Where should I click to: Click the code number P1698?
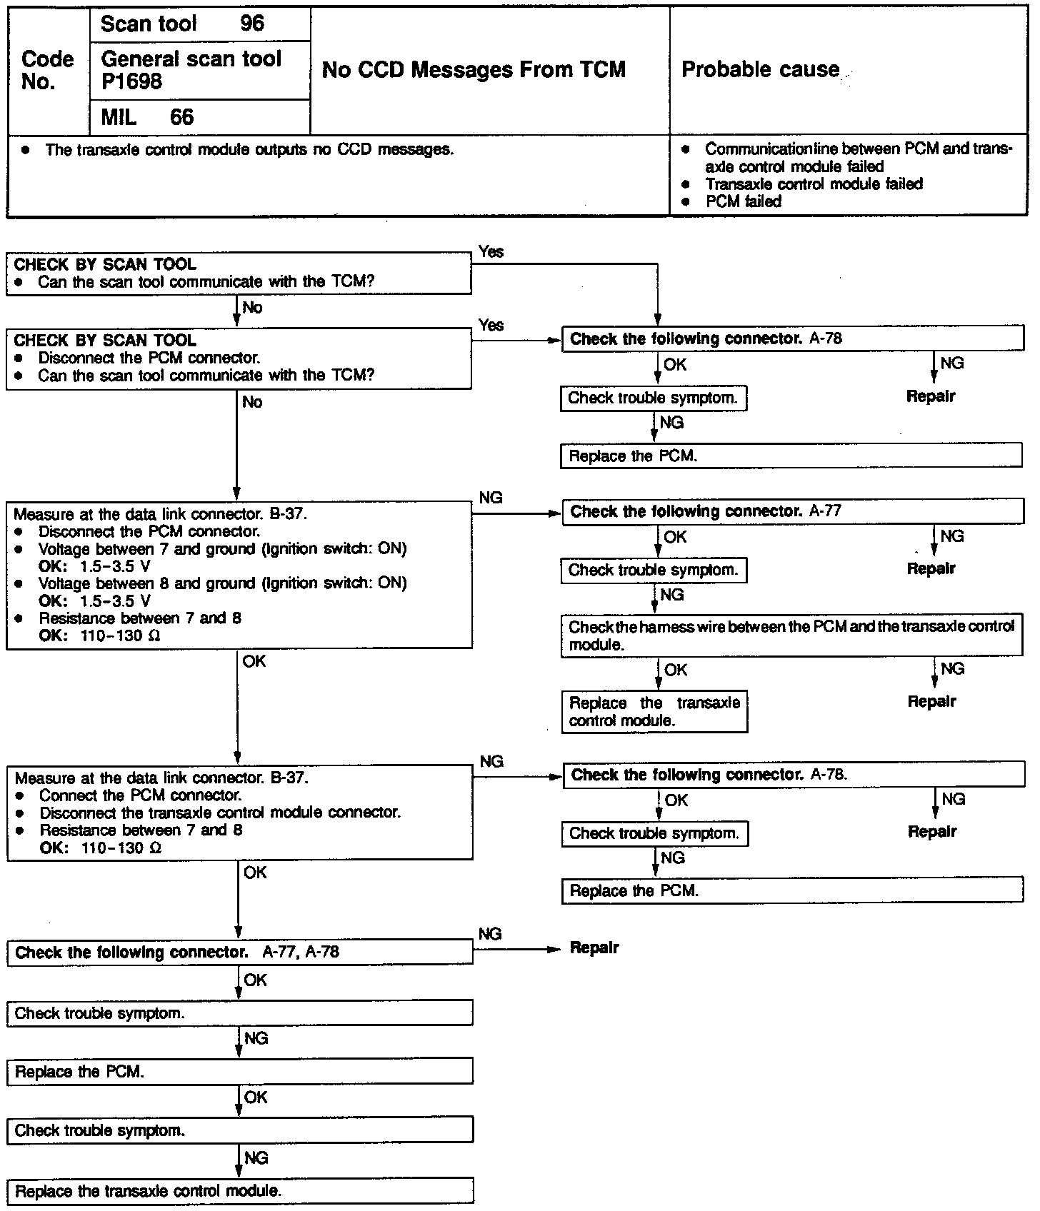pos(131,82)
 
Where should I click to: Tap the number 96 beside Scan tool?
pos(252,24)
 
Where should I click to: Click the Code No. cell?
pos(47,70)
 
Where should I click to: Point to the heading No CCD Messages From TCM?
pos(474,70)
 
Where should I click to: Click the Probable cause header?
pos(761,70)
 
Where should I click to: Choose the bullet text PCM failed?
pos(744,202)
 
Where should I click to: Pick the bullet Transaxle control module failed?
pos(814,184)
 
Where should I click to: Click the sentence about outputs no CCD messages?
pos(249,150)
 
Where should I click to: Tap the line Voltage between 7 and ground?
pos(222,549)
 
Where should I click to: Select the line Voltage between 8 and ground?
pos(222,583)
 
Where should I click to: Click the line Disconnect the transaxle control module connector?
pos(220,813)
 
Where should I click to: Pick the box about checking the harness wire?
pos(791,635)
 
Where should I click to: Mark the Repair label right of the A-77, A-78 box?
pos(594,948)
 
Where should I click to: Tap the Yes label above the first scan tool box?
pos(491,251)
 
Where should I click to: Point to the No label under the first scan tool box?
pos(253,308)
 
